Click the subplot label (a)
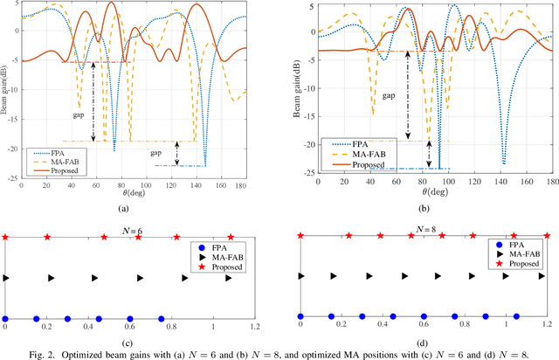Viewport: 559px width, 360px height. [x=133, y=210]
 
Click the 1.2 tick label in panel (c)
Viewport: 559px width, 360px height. [x=254, y=326]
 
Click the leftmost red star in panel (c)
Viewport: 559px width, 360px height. [x=6, y=237]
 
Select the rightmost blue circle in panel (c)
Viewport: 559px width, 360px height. [x=162, y=319]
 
